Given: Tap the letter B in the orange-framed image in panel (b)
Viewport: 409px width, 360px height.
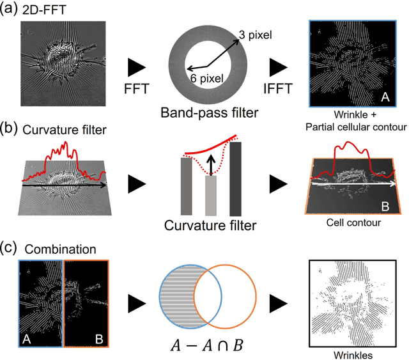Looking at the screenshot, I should click(x=385, y=205).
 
